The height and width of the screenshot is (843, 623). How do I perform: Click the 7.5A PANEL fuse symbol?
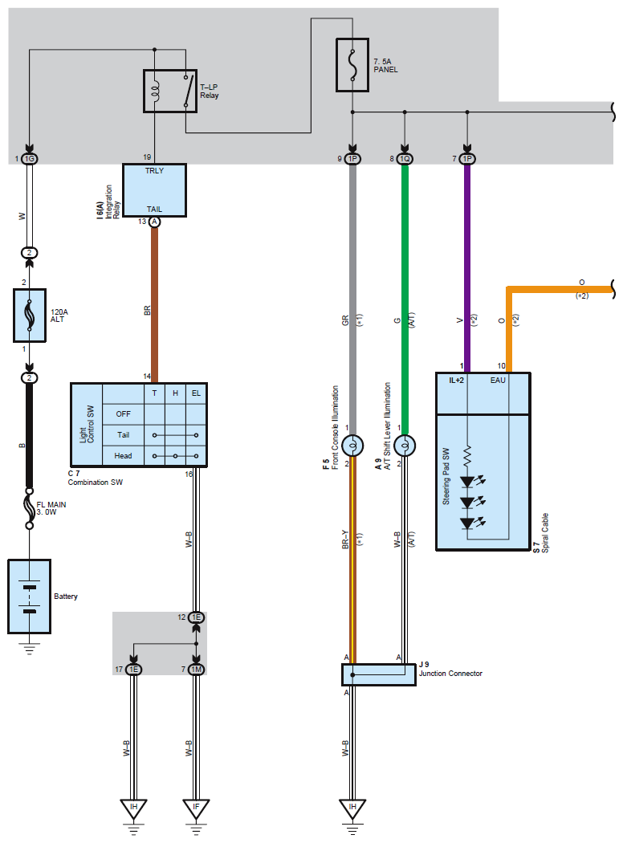(x=352, y=65)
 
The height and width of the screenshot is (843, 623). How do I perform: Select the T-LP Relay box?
(x=170, y=91)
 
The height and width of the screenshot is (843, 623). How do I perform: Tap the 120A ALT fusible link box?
(x=30, y=315)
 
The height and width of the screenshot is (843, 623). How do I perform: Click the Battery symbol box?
(x=30, y=597)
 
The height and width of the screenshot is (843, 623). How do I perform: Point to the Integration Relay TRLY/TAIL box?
(x=154, y=190)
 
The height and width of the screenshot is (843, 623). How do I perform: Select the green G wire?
(x=405, y=299)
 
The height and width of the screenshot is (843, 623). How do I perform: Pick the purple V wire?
(x=467, y=268)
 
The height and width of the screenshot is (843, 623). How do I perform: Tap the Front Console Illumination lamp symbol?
(x=352, y=446)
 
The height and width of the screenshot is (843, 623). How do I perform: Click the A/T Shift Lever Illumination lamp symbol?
(x=405, y=446)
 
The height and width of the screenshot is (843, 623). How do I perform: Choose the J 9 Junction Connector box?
(x=378, y=674)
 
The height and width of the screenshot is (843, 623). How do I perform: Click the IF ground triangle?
(x=196, y=808)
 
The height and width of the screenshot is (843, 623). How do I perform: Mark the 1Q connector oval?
(x=405, y=159)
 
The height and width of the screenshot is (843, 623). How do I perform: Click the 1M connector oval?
(x=196, y=670)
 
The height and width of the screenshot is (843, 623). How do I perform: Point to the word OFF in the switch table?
(x=123, y=414)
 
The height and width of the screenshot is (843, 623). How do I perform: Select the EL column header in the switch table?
(x=196, y=393)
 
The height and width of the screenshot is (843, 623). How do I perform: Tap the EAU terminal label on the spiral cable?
(x=498, y=380)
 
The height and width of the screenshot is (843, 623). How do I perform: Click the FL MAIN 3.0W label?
(x=51, y=508)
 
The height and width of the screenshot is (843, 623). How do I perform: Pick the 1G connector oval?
(x=30, y=159)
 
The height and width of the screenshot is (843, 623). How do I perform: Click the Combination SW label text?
(x=96, y=483)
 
